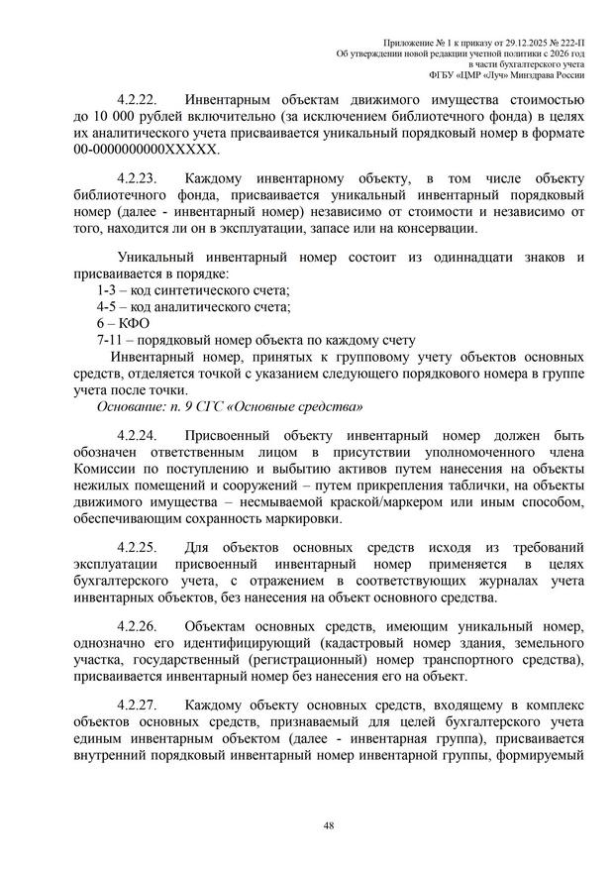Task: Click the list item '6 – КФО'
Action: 116,323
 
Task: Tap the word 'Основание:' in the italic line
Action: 127,406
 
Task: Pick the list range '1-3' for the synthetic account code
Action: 106,289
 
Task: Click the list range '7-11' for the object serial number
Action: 110,340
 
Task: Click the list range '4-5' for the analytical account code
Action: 106,306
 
